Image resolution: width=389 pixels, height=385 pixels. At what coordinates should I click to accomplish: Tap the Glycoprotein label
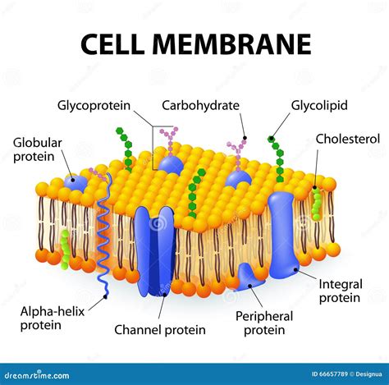[x=94, y=105]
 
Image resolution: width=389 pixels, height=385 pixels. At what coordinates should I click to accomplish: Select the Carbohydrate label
[x=200, y=105]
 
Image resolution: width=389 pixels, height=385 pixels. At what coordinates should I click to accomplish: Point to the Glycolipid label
[x=319, y=105]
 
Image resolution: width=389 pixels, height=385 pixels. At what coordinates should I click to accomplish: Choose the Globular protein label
[x=37, y=149]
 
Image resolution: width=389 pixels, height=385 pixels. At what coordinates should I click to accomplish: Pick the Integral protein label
[x=340, y=291]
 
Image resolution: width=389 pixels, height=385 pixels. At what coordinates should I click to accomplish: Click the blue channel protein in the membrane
[x=154, y=250]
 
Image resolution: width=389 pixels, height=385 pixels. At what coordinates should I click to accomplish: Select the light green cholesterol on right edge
[x=317, y=204]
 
